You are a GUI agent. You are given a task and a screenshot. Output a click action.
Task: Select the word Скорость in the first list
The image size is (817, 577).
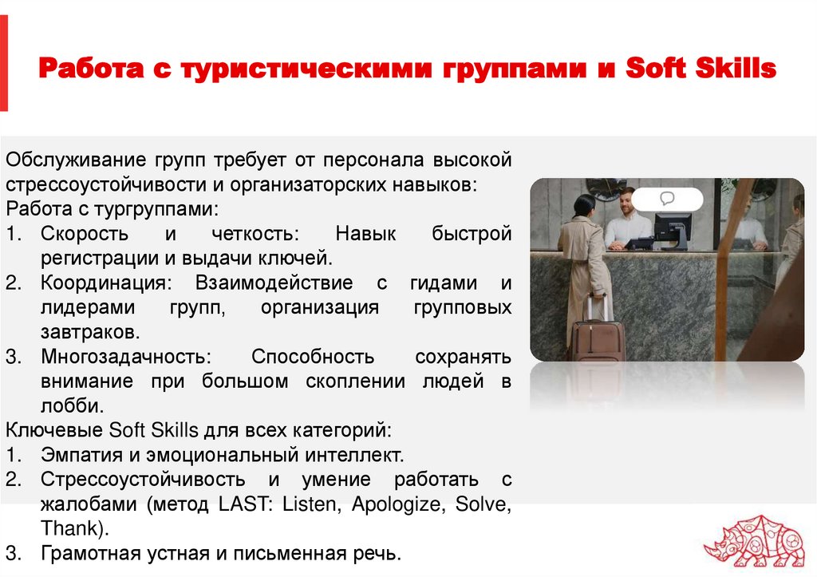(83, 235)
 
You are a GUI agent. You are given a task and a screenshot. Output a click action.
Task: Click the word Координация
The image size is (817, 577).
(104, 283)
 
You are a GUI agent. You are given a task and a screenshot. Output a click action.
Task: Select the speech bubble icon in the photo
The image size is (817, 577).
(667, 198)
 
